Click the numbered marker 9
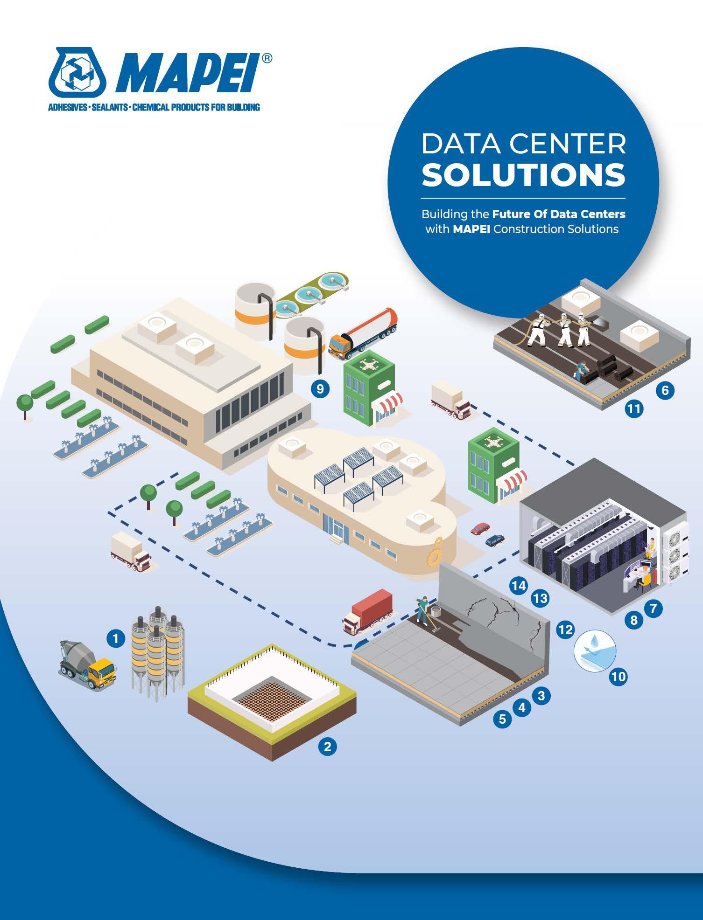[x=320, y=389]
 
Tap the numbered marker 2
[x=327, y=747]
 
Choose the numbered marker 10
[x=619, y=676]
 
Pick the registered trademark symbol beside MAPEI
[x=266, y=58]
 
